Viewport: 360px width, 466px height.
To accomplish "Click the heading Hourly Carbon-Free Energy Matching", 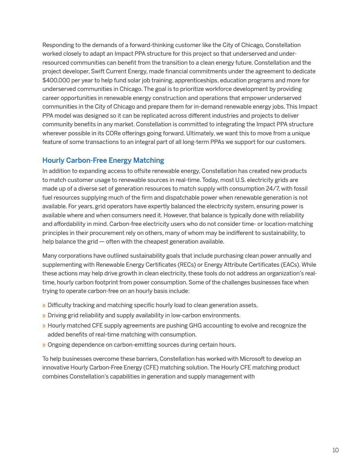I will coord(103,160).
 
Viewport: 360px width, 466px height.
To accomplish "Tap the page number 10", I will coord(335,450).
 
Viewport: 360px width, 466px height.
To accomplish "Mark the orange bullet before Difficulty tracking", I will coord(44,305).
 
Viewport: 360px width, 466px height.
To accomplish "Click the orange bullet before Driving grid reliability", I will coord(44,315).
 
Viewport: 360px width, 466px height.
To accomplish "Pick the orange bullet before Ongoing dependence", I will coord(44,345).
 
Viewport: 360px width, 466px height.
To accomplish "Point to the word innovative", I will coord(57,368).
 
